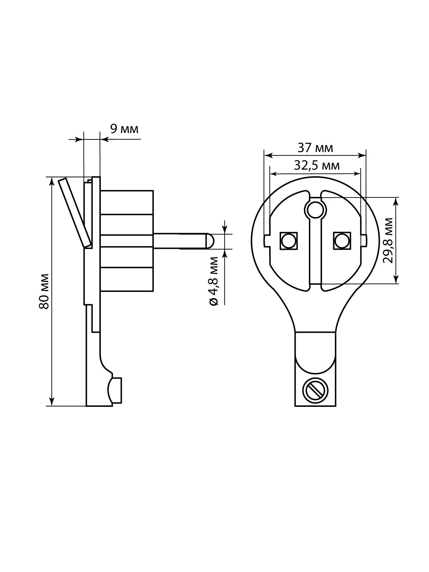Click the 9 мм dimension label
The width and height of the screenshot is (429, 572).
(124, 129)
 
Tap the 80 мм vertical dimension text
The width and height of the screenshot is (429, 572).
(44, 291)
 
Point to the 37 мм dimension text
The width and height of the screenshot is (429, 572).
(315, 148)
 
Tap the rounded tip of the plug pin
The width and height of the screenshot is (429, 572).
(210, 240)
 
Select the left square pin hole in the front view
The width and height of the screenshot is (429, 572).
(289, 240)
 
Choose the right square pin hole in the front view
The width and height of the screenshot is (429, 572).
(342, 240)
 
